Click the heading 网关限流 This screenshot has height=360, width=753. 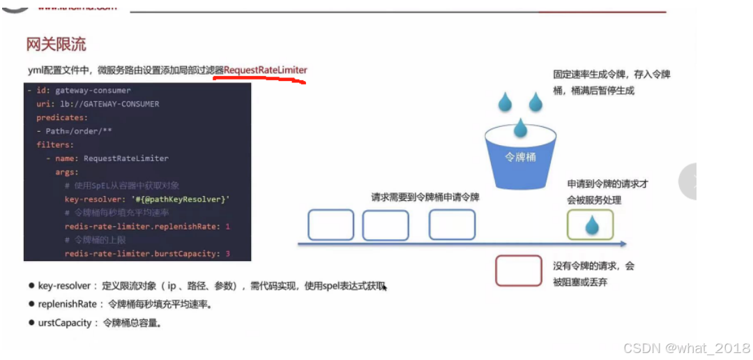point(56,45)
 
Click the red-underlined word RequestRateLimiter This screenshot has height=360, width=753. point(265,70)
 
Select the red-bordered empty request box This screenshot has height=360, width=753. point(518,271)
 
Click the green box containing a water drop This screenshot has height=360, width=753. point(590,225)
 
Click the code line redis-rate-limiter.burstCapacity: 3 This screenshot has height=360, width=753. point(147,254)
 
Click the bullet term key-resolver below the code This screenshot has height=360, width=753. point(64,286)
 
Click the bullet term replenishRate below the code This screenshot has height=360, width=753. point(68,304)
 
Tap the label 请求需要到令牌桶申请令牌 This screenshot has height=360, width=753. point(425,197)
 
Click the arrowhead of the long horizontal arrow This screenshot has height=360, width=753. point(623,244)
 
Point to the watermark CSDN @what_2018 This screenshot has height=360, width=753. point(686,348)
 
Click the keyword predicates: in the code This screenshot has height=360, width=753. point(62,118)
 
